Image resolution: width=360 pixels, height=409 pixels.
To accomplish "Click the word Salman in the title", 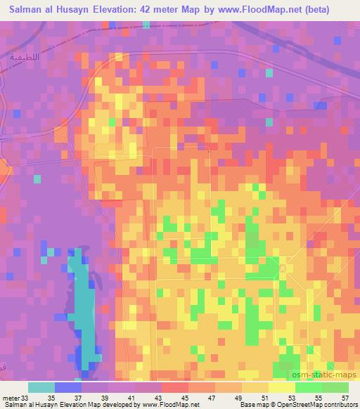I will tap(30, 8).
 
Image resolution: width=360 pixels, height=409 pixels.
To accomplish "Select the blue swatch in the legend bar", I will tap(67, 388).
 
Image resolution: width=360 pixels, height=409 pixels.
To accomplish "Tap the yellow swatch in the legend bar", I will tap(281, 388).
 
